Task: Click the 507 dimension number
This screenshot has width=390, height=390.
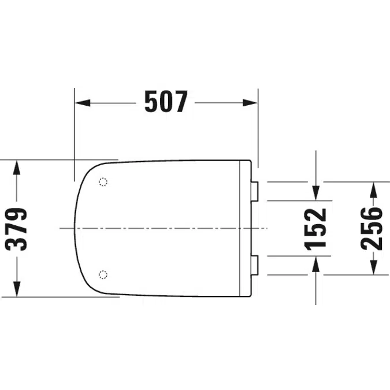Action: [166, 102]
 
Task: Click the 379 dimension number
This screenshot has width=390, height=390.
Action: [16, 229]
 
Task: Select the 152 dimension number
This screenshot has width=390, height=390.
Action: [315, 229]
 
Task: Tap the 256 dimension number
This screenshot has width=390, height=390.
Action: [372, 229]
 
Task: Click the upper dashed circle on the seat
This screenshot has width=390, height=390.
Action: [103, 182]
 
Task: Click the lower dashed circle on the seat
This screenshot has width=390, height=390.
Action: [103, 274]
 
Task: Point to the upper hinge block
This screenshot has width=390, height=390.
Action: [255, 191]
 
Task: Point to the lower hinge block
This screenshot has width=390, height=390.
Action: [255, 265]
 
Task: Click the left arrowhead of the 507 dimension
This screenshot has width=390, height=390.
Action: [82, 102]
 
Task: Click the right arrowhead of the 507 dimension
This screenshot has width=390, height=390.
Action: [250, 102]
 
